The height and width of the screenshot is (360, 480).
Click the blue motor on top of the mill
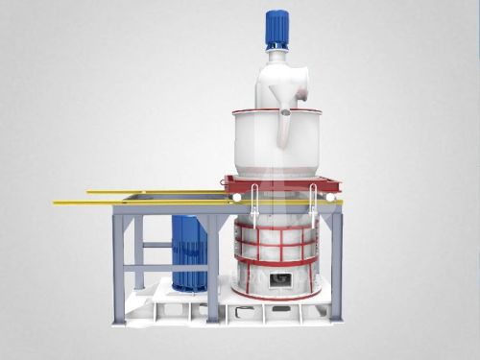pyautogui.click(x=277, y=28)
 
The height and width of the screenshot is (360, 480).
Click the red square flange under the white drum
pyautogui.click(x=279, y=183)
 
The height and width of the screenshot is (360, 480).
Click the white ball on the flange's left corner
pyautogui.click(x=231, y=197)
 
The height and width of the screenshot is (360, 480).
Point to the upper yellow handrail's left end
pyautogui.click(x=90, y=191)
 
